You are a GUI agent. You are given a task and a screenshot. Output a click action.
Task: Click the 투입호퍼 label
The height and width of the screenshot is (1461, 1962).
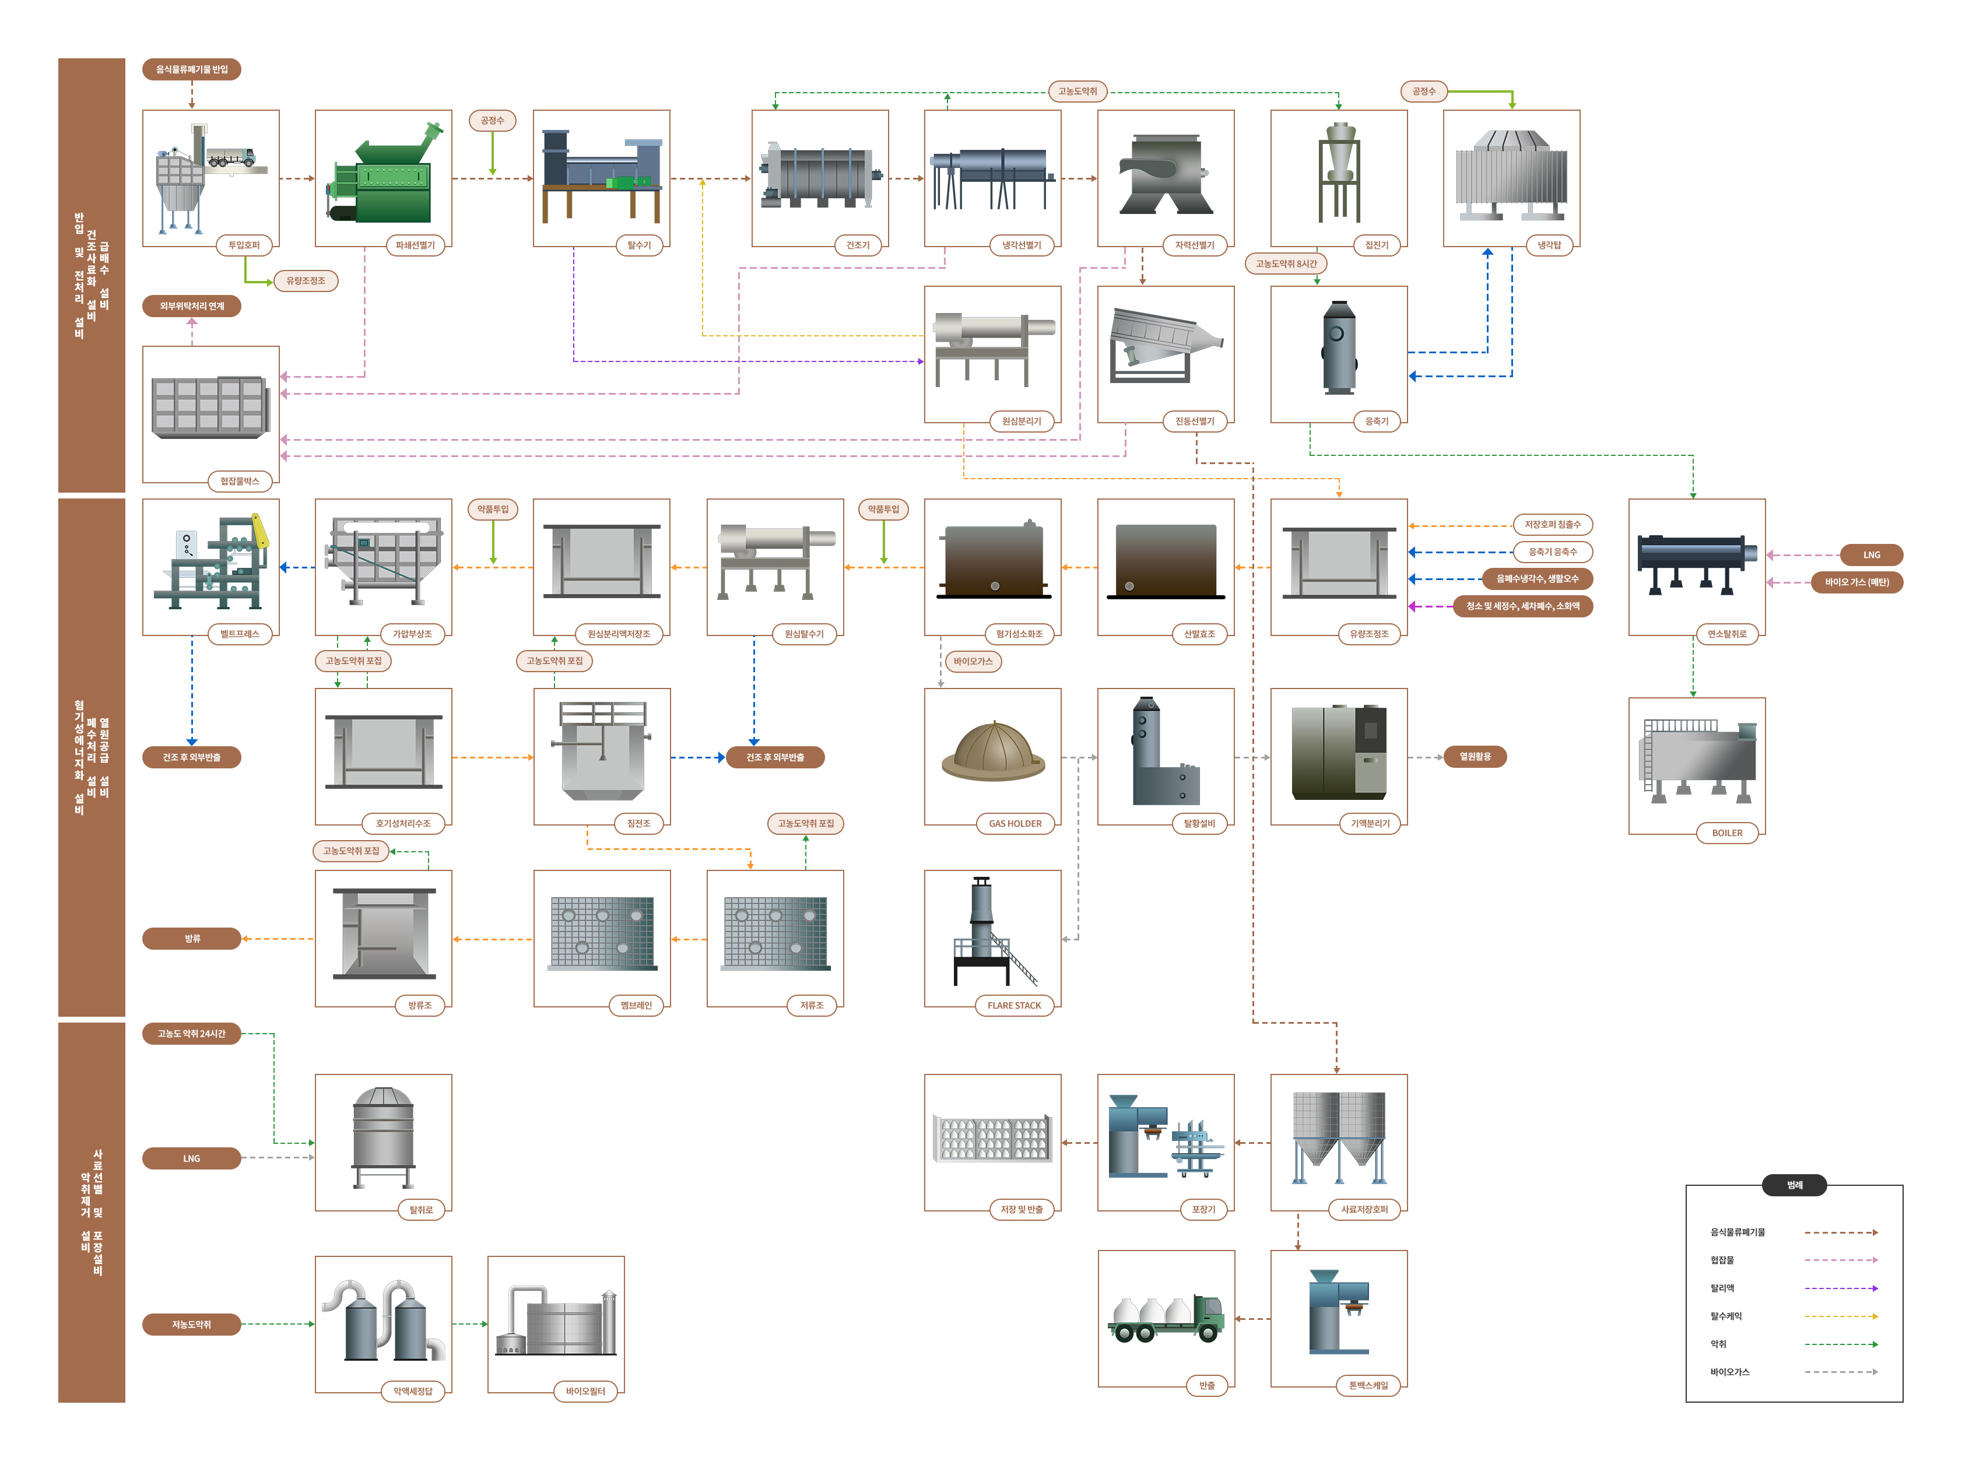tap(244, 245)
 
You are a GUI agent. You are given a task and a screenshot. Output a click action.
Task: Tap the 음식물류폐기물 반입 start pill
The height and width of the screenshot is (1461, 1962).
tap(191, 69)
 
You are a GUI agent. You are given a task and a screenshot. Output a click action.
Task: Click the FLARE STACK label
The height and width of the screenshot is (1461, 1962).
tap(1014, 1006)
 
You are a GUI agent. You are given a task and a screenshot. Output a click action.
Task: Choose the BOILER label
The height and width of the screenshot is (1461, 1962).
tap(1726, 833)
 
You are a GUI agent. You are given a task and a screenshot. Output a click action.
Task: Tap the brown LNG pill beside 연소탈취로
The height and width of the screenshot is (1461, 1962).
tap(1871, 556)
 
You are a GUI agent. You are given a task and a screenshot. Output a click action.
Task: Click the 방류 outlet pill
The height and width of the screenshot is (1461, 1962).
tap(191, 938)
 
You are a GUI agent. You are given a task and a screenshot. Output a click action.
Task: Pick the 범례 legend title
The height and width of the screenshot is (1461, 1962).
tap(1794, 1185)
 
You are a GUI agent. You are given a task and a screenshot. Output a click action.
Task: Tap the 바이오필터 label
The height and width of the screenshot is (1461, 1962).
tap(585, 1391)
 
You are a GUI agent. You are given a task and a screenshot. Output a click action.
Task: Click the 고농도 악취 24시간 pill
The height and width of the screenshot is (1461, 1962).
tap(191, 1033)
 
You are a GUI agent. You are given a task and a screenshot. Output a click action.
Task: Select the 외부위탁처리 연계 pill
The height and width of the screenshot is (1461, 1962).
tap(191, 306)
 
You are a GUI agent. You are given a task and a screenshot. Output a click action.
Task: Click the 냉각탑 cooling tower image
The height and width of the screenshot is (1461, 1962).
tap(1511, 175)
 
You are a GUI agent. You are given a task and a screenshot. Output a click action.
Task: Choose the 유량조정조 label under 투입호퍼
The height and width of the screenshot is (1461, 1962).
tap(305, 280)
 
